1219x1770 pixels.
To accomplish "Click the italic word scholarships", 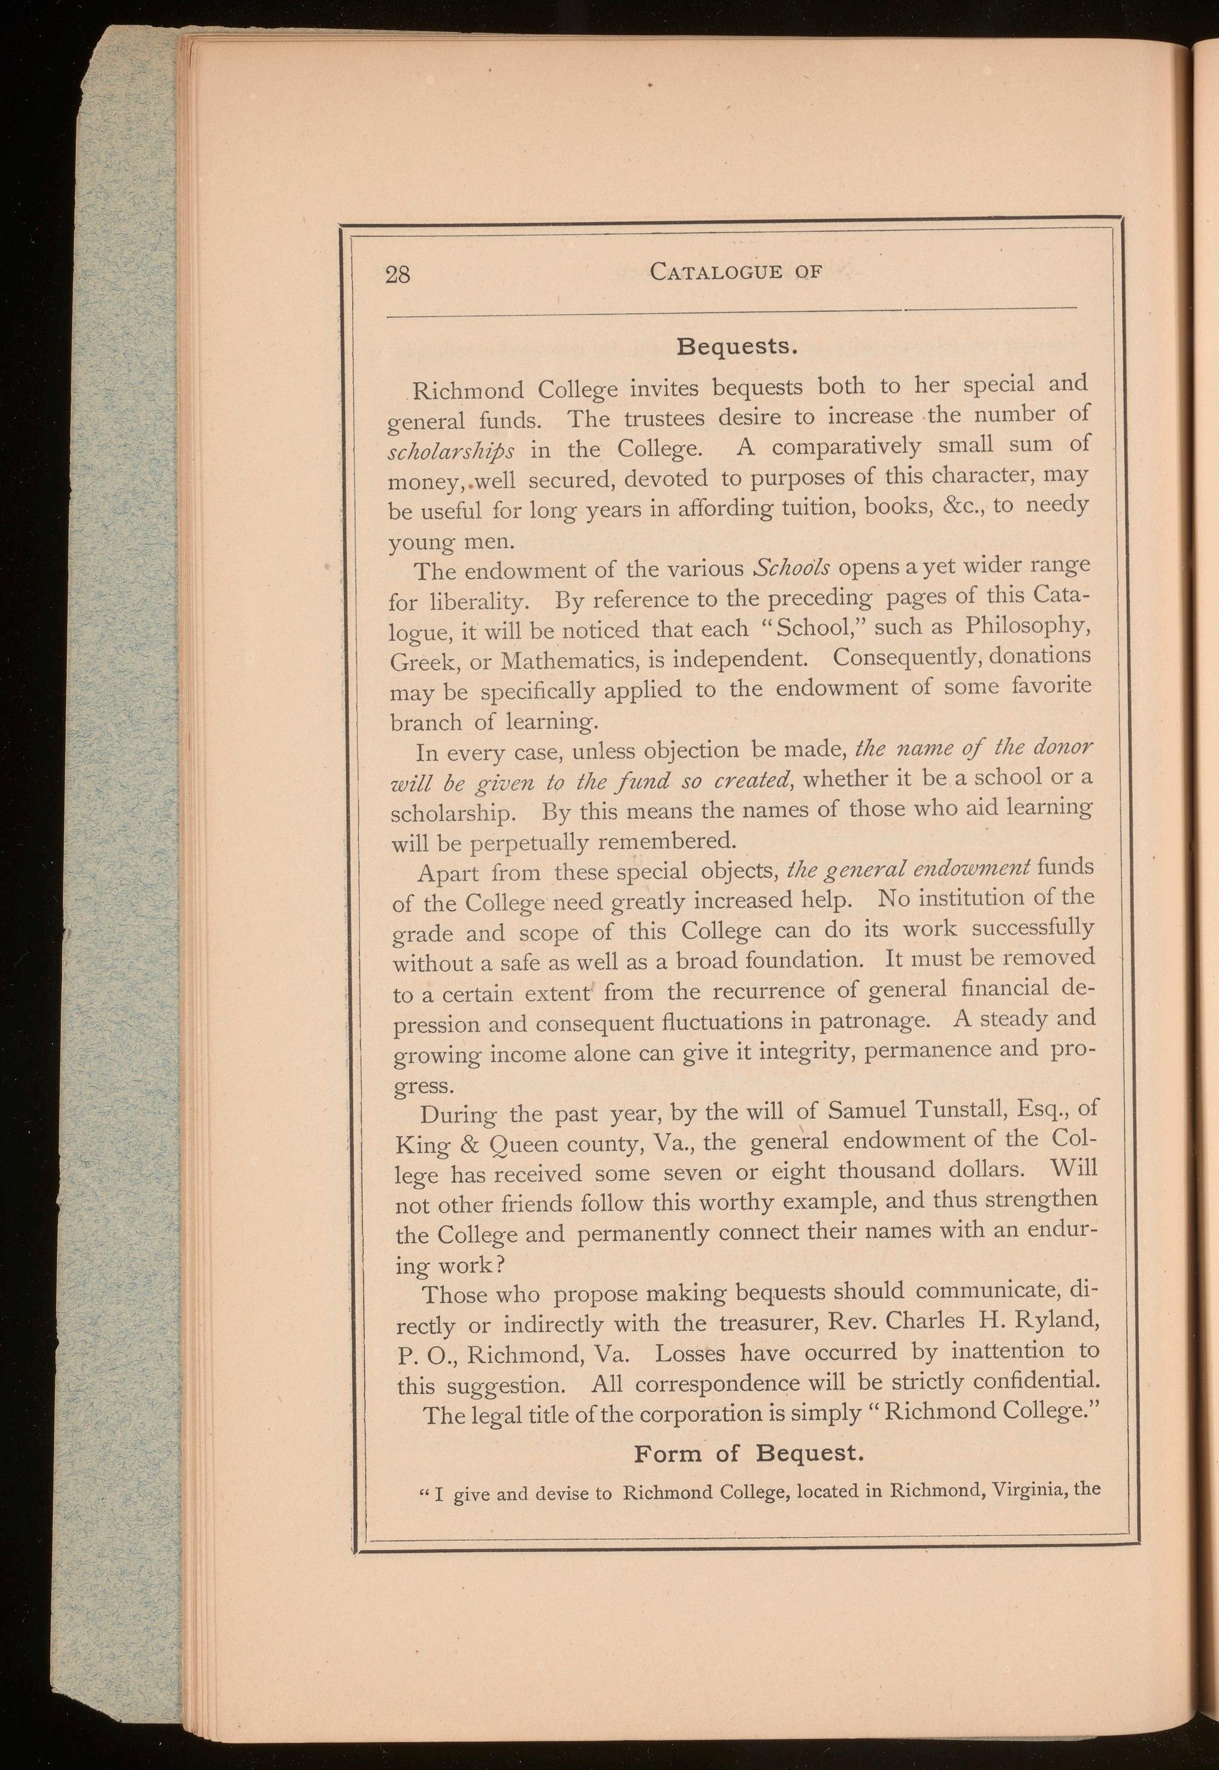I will tap(450, 450).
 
